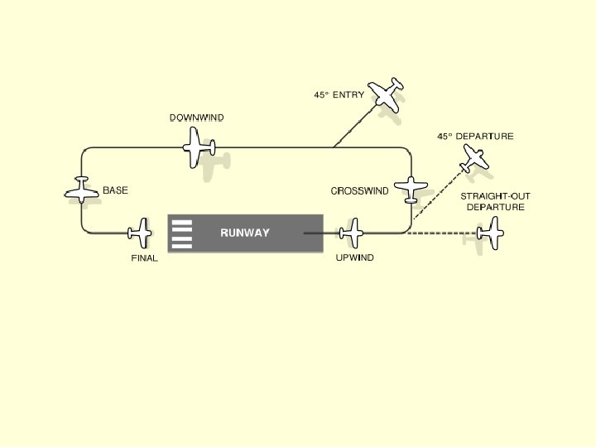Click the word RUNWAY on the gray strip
click(x=244, y=233)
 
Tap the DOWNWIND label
click(x=196, y=118)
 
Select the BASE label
click(x=115, y=190)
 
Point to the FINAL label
click(x=144, y=258)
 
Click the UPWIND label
click(x=354, y=258)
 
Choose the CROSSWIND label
click(x=359, y=191)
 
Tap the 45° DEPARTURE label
click(x=475, y=136)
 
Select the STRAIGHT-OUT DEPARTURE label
click(x=495, y=201)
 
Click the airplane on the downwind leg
click(x=199, y=148)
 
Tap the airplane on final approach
click(x=141, y=233)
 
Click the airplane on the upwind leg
click(x=352, y=233)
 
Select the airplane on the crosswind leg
click(x=410, y=190)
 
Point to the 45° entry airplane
click(x=386, y=92)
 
